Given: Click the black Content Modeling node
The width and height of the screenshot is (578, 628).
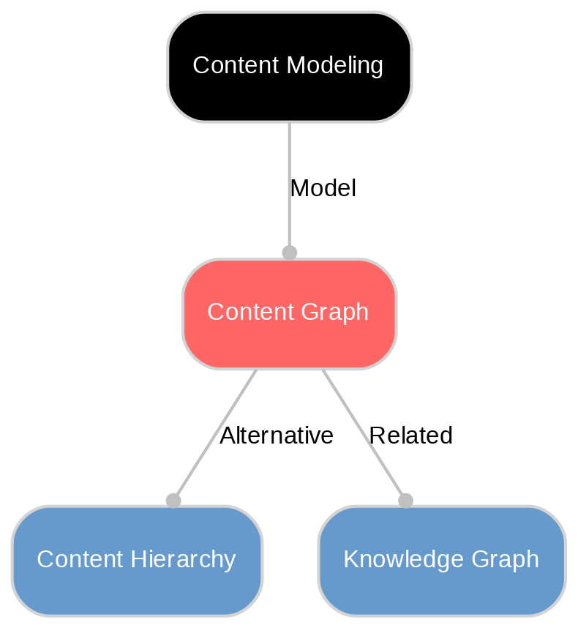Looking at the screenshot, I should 289,67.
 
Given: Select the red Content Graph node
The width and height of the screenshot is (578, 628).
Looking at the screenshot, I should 289,313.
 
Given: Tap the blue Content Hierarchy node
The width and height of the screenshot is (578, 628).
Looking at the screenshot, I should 137,560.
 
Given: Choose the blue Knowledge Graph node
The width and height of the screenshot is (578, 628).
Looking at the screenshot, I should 441,560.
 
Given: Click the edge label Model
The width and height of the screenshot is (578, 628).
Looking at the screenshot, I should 323,189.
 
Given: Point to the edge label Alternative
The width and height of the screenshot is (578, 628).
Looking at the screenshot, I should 277,436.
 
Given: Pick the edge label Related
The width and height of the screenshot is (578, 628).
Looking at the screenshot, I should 410,436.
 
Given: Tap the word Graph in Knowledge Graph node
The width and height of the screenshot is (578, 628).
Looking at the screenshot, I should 508,560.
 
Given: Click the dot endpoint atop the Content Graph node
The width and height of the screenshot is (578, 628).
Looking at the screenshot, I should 289,253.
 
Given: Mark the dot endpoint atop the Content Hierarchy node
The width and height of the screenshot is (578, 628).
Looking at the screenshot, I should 173,500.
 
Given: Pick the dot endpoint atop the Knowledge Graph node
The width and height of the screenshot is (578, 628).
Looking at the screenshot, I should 405,500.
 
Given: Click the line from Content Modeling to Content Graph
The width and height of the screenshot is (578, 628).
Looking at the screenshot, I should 289,161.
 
